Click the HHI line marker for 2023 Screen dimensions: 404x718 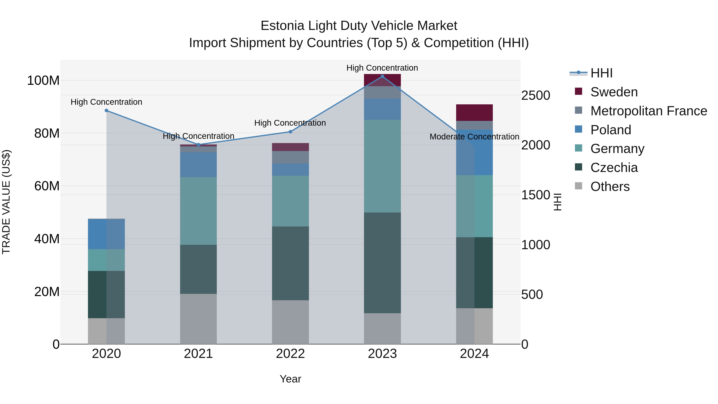[x=382, y=76]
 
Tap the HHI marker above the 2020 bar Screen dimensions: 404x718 [x=106, y=110]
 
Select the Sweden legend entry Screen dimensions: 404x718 [x=614, y=92]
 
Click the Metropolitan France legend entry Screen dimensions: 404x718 [x=648, y=111]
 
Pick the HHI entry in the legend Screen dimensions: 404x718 [x=601, y=73]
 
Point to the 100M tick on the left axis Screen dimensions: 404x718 [x=43, y=81]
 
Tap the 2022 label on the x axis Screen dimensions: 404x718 [x=290, y=354]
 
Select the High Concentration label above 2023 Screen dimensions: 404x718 [x=382, y=68]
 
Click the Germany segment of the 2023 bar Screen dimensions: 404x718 [x=382, y=166]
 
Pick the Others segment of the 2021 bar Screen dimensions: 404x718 [x=198, y=319]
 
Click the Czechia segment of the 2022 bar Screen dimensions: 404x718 [x=290, y=263]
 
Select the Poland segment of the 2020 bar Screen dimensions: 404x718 [x=106, y=234]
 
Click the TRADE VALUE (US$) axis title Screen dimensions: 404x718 [x=6, y=202]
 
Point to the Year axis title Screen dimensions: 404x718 [x=290, y=379]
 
